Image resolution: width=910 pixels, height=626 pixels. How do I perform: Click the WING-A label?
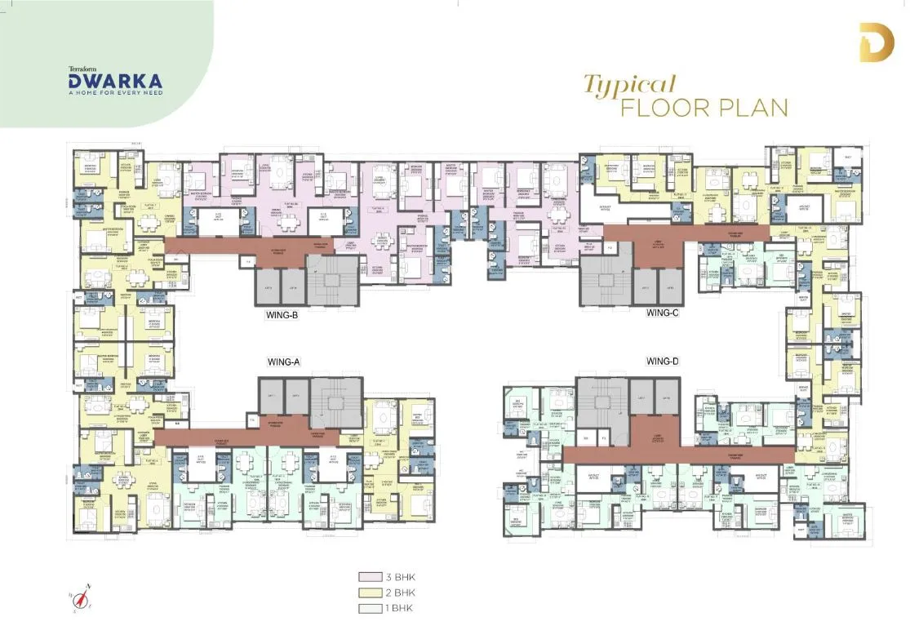[285, 361]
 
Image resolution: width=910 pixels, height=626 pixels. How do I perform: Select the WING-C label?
[663, 312]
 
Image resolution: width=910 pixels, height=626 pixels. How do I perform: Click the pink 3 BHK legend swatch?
[366, 577]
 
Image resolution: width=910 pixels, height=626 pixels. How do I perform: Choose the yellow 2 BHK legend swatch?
[366, 593]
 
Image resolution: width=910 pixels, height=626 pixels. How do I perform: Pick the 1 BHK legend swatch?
[366, 608]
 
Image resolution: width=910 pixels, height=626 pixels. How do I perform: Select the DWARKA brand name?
[115, 81]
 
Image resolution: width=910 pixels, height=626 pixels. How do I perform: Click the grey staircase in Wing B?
[330, 281]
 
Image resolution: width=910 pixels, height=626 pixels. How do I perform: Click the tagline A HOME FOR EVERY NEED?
[115, 93]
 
